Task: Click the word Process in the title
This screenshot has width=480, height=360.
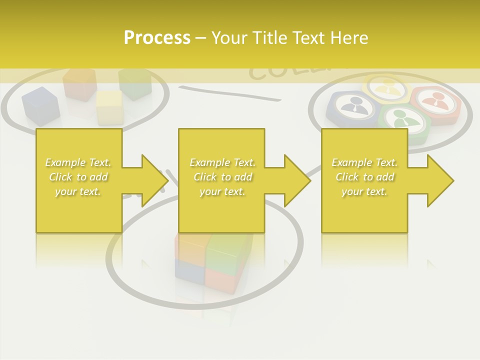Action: (x=157, y=38)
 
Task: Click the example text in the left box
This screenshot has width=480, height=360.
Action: (x=78, y=177)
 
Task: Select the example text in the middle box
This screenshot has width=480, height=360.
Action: (x=222, y=177)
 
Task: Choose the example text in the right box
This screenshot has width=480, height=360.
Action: (x=364, y=177)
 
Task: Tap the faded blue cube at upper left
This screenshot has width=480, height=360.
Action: (x=40, y=105)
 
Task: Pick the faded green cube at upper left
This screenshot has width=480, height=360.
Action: (x=135, y=83)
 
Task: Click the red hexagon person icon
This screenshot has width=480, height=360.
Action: (x=436, y=103)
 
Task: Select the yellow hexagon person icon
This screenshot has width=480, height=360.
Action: (x=387, y=88)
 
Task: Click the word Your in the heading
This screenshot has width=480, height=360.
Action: (x=229, y=38)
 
